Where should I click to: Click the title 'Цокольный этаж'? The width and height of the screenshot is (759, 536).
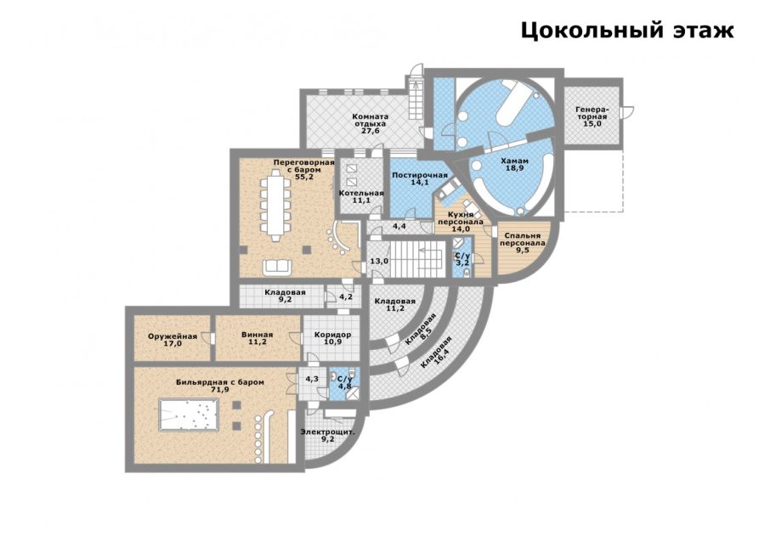coord(627,31)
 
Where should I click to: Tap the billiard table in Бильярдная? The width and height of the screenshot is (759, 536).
coord(189,414)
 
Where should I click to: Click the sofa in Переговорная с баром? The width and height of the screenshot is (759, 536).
coord(277,267)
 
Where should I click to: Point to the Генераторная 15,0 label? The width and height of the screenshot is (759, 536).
coord(591,116)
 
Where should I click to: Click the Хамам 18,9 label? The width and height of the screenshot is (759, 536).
coord(514,165)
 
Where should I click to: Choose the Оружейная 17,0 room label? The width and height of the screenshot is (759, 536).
coord(173,340)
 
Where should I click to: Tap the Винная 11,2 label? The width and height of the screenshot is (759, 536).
coord(257,338)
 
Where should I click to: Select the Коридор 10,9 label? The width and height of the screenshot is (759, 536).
coord(332,338)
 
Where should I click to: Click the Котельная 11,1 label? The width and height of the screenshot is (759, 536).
coord(361,196)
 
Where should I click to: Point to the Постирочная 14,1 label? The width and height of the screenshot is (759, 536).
coord(420,178)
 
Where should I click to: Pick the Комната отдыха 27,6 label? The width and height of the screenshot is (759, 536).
coord(371,123)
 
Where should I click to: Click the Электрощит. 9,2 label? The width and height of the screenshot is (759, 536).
coord(328,436)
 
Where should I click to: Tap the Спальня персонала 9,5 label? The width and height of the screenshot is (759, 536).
coord(523,243)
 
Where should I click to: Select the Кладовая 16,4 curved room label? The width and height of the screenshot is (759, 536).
coord(437,353)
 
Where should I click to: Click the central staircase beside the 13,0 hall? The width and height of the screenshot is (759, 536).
coord(417,260)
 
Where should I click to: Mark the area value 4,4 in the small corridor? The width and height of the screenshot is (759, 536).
coord(399,226)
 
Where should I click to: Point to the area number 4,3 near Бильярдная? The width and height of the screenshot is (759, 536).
coord(312,379)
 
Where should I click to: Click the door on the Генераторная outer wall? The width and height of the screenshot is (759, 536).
coord(627,112)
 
